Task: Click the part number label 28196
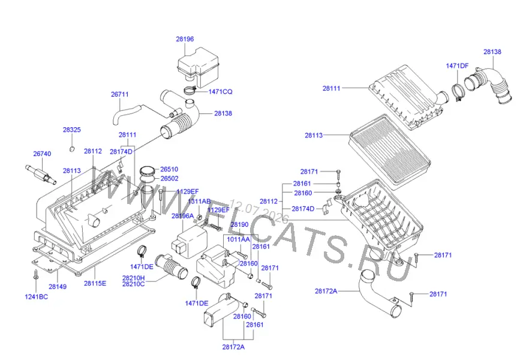[185, 39]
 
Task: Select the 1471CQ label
[220, 92]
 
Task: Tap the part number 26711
[120, 94]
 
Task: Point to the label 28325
[72, 130]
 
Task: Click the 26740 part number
[42, 154]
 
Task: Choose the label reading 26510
[169, 169]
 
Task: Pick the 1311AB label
[199, 202]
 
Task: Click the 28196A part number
[183, 216]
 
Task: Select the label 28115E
[95, 283]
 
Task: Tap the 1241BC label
[36, 296]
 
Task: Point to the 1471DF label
[457, 66]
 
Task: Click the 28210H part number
[134, 278]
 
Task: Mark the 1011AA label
[239, 239]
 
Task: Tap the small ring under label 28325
[72, 149]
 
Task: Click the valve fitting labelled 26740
[39, 174]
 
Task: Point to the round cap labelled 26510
[148, 171]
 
